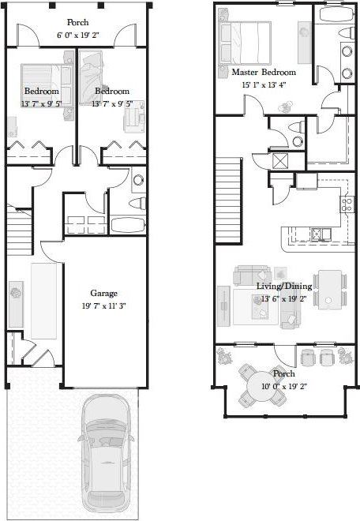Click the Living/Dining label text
(x=284, y=286)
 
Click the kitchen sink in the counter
(x=319, y=234)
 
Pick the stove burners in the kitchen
(x=345, y=204)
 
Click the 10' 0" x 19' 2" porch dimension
(x=284, y=386)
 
